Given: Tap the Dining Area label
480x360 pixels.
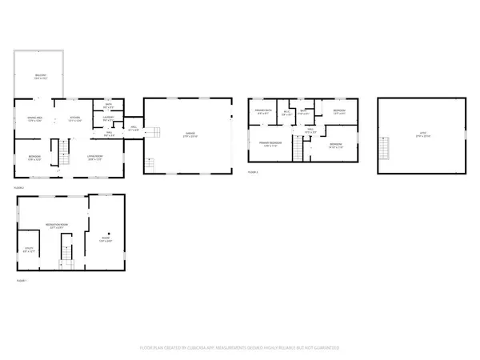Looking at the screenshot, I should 34,118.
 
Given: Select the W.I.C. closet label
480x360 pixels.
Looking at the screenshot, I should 287,113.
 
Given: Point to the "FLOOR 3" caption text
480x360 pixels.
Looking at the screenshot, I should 253,172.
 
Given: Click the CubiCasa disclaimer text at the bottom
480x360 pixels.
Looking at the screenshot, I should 240,348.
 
